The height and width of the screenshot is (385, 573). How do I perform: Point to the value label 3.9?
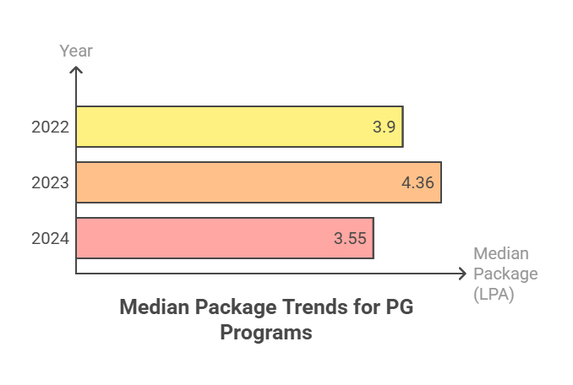click(x=384, y=127)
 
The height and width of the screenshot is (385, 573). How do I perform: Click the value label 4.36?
click(x=417, y=182)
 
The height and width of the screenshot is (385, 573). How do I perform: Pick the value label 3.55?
click(x=350, y=238)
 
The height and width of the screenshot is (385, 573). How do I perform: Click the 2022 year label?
click(x=50, y=127)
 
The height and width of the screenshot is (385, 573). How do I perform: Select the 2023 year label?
click(x=50, y=183)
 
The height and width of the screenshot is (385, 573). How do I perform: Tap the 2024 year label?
click(x=50, y=239)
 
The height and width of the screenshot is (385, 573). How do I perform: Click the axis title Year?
click(x=76, y=51)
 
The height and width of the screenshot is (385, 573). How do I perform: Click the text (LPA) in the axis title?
click(x=494, y=295)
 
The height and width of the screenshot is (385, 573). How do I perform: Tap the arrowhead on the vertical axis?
click(x=76, y=71)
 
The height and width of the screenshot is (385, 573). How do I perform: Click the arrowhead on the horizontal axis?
click(x=461, y=274)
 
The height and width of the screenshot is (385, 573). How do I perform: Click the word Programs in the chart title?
click(x=266, y=333)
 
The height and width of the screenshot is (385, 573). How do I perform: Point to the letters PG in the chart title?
click(x=399, y=306)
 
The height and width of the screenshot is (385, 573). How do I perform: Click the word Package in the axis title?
click(x=505, y=274)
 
